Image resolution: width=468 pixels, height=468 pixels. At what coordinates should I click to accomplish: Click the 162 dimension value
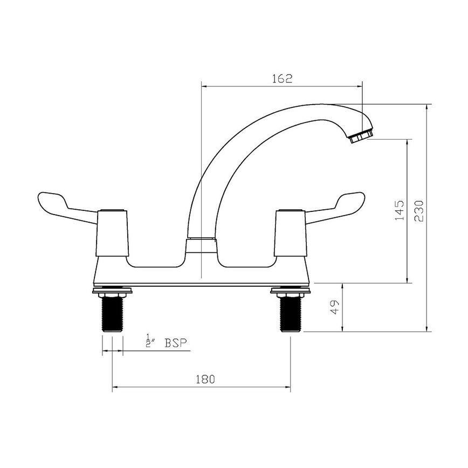coord(281,79)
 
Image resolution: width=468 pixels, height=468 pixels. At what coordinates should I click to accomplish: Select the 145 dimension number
coord(399,211)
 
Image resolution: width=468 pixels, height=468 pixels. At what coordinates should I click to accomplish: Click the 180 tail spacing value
coord(205,379)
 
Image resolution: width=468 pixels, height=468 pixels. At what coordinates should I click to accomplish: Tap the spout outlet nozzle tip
coord(360,136)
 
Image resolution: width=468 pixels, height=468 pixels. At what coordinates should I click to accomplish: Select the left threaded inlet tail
coord(112,315)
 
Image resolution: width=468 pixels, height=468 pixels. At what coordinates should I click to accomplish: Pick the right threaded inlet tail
coord(291,315)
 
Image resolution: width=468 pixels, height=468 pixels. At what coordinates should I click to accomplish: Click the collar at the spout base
coord(202,245)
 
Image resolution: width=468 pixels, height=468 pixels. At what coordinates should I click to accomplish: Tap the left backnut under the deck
coord(112,293)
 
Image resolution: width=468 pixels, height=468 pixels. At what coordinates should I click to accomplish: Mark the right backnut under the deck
coord(291,293)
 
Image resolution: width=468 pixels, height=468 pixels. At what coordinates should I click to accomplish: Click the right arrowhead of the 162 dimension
coord(359,85)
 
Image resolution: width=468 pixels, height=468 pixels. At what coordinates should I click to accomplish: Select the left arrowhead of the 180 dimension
coord(115,387)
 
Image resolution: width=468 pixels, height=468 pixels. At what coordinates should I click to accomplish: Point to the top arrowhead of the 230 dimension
coord(426,108)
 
